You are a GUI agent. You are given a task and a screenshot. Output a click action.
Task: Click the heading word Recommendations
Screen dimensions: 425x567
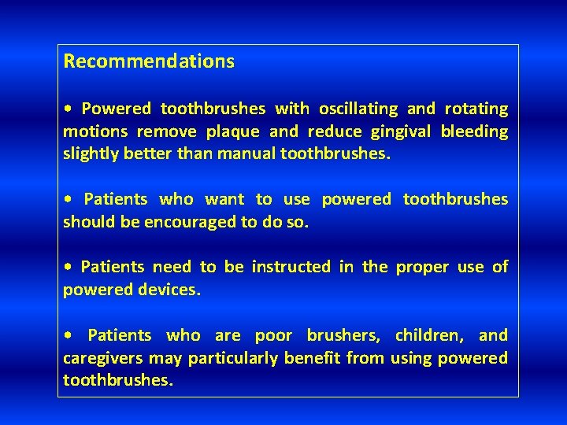pos(149,61)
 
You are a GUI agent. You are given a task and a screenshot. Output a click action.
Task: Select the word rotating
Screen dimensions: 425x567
pos(476,109)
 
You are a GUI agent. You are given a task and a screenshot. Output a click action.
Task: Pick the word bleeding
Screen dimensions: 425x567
pos(475,131)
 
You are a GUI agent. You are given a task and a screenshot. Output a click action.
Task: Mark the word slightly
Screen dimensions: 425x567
pos(89,154)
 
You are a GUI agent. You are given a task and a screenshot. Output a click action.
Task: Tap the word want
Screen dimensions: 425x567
pos(225,200)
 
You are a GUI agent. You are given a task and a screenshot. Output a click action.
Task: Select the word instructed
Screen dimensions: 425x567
pos(291,267)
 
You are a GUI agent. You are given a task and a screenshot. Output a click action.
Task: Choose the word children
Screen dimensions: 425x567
pos(429,335)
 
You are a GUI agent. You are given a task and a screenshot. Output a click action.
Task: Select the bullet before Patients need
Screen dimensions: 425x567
pos(69,268)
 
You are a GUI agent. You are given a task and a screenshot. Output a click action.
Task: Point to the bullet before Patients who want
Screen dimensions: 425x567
pos(69,200)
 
